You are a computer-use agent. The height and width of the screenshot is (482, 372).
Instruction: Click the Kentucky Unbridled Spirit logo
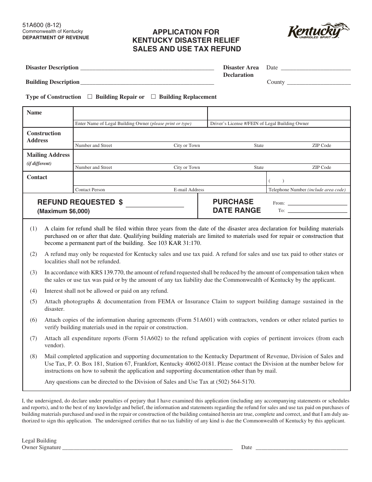318,31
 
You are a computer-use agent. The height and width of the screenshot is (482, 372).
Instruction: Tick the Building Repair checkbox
90,97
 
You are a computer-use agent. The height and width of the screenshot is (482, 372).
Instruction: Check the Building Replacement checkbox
153,97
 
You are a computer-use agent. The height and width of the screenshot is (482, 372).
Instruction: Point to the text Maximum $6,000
63,211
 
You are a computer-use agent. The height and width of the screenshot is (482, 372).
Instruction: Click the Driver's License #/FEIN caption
259,123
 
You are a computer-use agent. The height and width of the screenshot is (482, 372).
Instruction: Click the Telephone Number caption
307,190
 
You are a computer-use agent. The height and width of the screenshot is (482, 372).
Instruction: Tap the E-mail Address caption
189,190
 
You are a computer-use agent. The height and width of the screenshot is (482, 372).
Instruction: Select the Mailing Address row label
48,155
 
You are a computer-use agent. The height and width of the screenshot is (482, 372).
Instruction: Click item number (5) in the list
34,301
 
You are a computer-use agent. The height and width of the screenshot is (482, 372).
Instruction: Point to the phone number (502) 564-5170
236,382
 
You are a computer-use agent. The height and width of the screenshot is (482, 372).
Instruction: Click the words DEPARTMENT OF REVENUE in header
55,38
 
